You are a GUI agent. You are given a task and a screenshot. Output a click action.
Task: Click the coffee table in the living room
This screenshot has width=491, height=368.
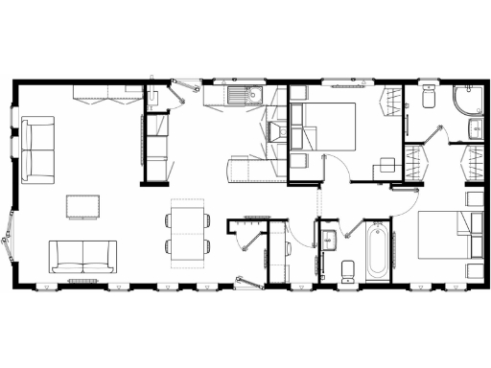82,205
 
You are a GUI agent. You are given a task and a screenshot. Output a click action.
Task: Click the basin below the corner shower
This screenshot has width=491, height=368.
476,128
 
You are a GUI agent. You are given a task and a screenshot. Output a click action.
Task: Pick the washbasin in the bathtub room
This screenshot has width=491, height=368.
329,239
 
